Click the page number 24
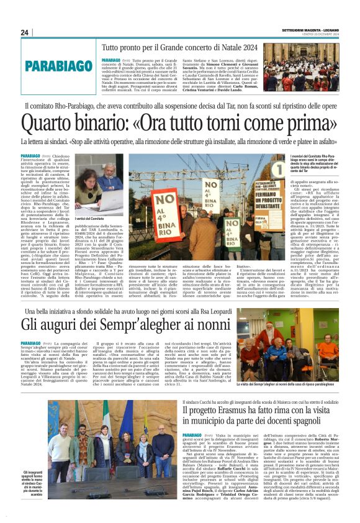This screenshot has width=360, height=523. pyautogui.click(x=24, y=32)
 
